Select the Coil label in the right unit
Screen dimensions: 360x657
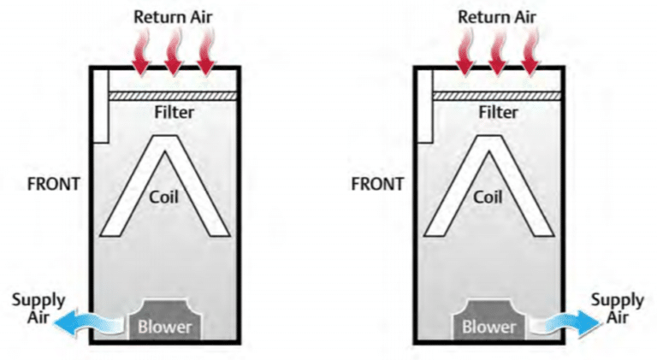tap(488, 195)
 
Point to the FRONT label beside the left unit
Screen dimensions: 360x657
tap(53, 183)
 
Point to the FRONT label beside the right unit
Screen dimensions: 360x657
tap(377, 183)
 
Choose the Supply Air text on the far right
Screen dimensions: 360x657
tap(617, 308)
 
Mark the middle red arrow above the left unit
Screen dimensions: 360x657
tap(174, 54)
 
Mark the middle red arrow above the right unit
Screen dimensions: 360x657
tap(499, 54)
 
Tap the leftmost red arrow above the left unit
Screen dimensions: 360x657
tap(141, 54)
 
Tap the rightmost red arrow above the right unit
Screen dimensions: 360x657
tap(531, 54)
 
